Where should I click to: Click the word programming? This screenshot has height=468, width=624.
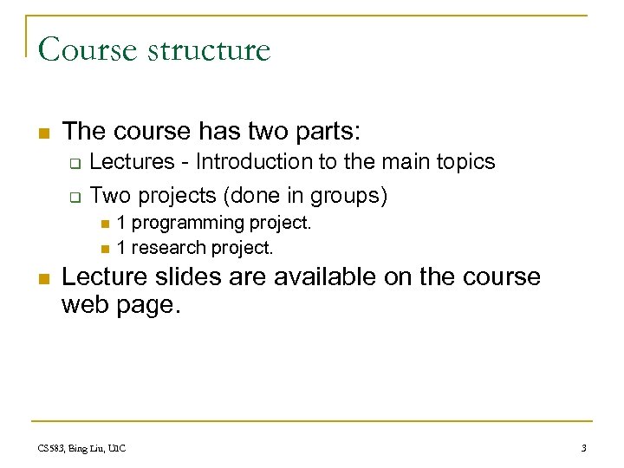click(x=188, y=224)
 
